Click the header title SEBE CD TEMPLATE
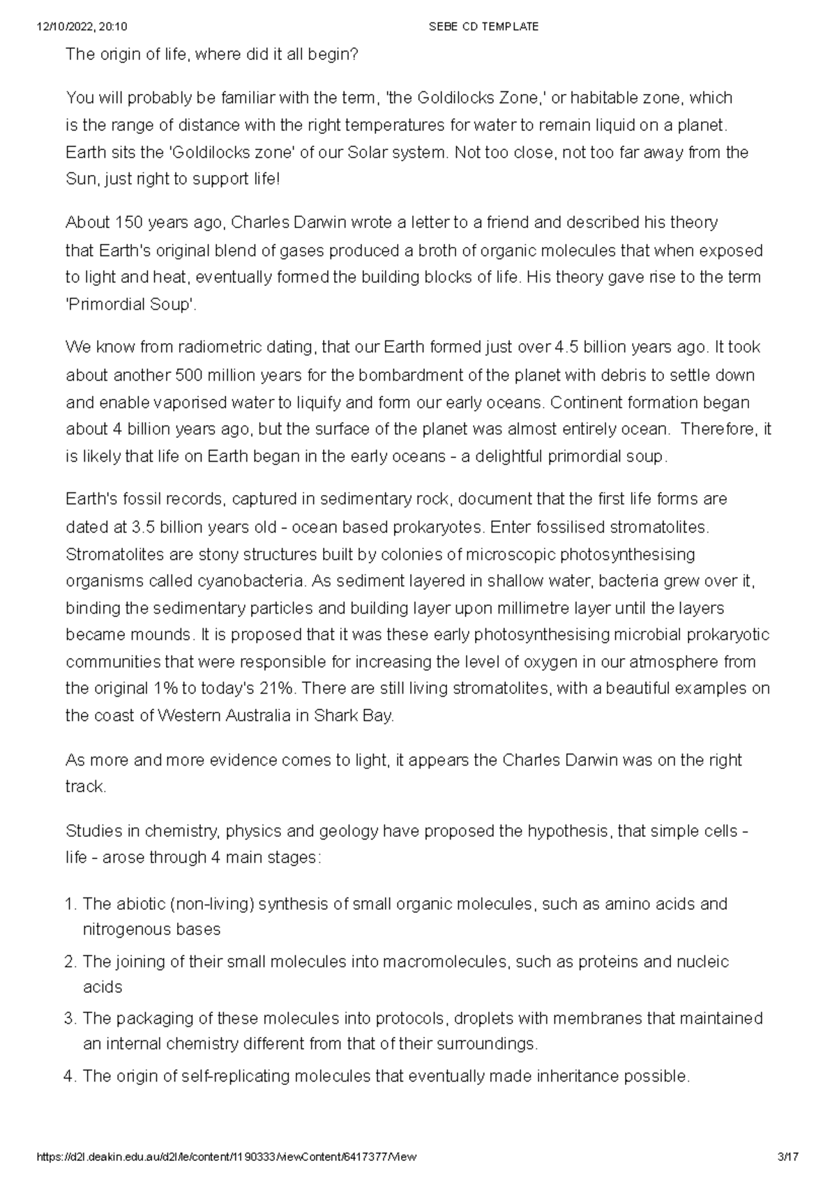click(485, 26)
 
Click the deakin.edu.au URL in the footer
click(227, 1157)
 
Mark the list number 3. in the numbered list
click(69, 1019)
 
